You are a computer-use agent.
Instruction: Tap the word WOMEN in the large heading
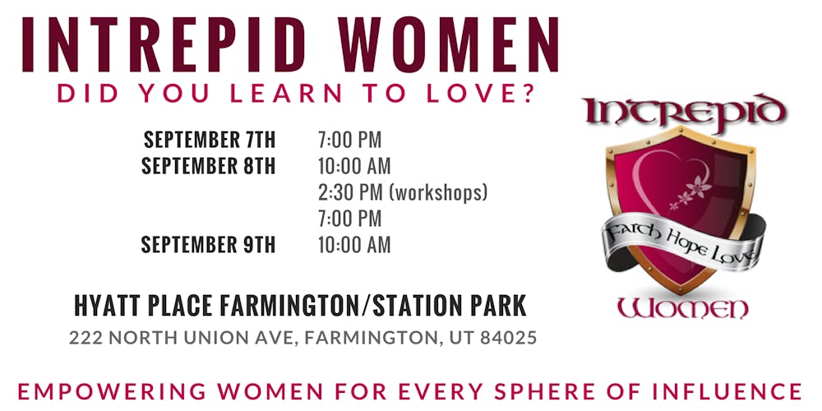(449, 45)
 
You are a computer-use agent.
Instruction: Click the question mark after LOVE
(528, 93)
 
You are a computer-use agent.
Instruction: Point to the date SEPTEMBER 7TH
(209, 140)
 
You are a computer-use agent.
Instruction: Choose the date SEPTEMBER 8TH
(208, 166)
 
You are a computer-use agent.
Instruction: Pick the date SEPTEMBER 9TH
(208, 244)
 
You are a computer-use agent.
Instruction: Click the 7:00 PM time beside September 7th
(349, 140)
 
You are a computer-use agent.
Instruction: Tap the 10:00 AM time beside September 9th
(354, 244)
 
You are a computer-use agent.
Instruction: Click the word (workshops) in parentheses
(438, 193)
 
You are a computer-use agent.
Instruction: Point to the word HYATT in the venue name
(105, 306)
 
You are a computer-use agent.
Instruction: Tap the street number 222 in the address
(85, 338)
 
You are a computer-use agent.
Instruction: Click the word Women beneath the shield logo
(682, 308)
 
